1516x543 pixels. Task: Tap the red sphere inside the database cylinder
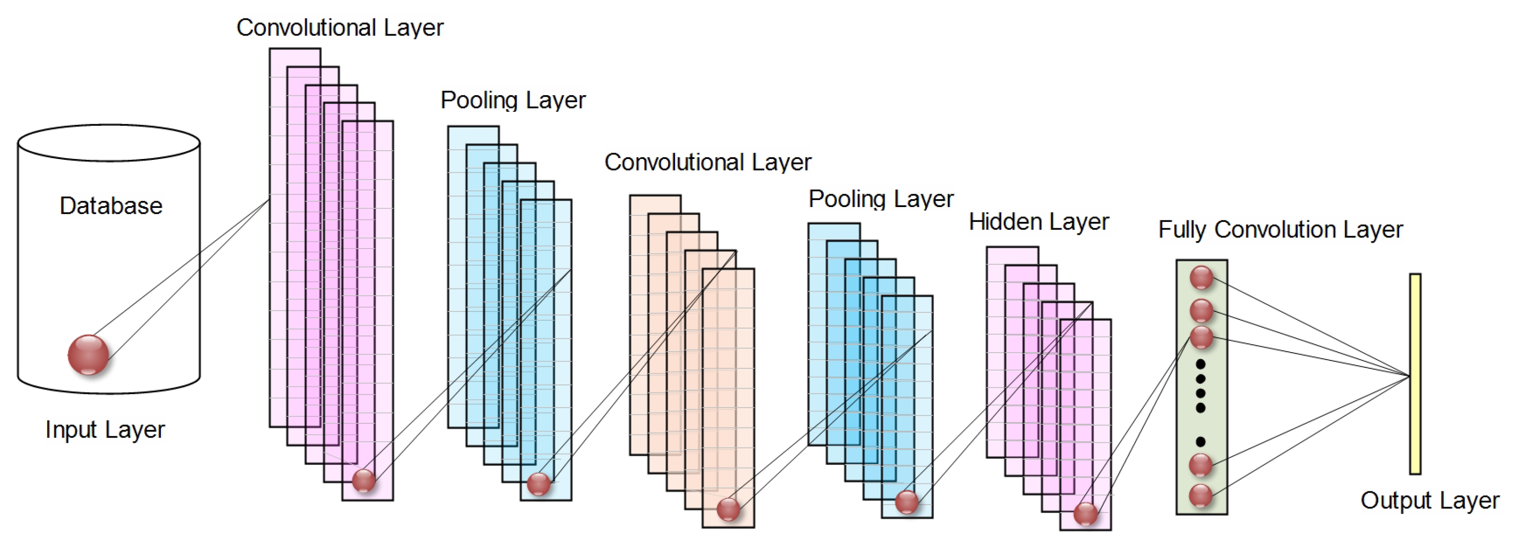[x=88, y=355]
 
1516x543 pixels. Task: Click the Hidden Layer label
[x=1039, y=222]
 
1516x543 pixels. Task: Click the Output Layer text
[x=1430, y=500]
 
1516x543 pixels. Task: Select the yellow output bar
[x=1415, y=373]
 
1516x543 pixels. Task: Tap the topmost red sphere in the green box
[x=1201, y=278]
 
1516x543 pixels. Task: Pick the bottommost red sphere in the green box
[x=1201, y=495]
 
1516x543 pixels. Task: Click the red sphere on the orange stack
[x=728, y=509]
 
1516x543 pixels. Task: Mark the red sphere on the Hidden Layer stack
[x=1085, y=513]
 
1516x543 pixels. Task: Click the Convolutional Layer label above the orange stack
[x=707, y=162]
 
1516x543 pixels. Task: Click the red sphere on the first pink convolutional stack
[x=364, y=481]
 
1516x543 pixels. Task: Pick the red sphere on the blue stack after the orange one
[x=906, y=502]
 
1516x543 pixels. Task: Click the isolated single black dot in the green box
[x=1201, y=441]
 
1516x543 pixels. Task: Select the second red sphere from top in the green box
[x=1201, y=310]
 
